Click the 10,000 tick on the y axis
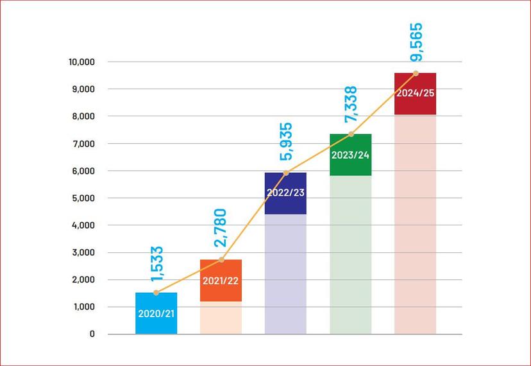click(x=80, y=62)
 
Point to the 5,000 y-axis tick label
click(x=82, y=198)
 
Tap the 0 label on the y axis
click(x=92, y=334)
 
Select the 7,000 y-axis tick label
click(x=82, y=144)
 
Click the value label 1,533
click(x=156, y=265)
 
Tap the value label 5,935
click(x=285, y=141)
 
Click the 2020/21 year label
click(x=156, y=315)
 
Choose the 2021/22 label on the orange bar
click(x=221, y=281)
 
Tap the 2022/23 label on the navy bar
click(x=285, y=192)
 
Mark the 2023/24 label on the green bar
click(x=350, y=155)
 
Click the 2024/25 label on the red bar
click(x=416, y=92)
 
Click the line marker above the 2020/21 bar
click(x=156, y=293)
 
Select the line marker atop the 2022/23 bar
click(x=285, y=173)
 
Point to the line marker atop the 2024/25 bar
click(x=416, y=73)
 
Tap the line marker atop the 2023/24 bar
click(x=351, y=134)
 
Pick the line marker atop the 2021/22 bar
click(x=221, y=259)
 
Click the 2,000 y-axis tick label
click(x=82, y=280)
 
